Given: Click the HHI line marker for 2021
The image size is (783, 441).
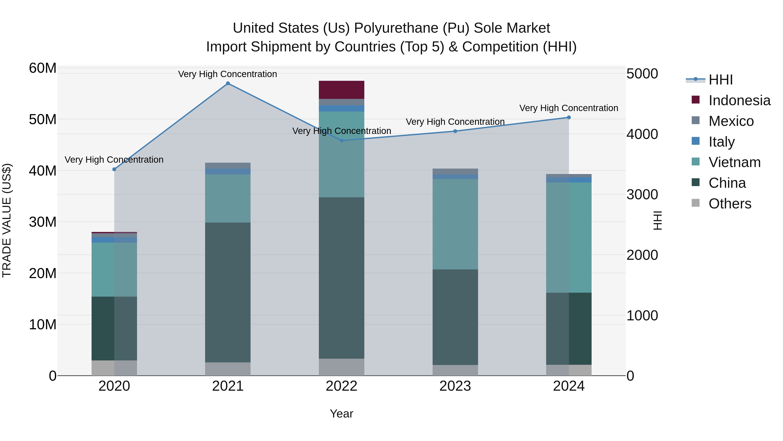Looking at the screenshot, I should click(x=228, y=83).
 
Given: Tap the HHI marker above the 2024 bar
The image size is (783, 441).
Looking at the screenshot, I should click(x=569, y=117).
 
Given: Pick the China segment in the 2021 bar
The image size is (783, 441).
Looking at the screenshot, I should click(x=228, y=292).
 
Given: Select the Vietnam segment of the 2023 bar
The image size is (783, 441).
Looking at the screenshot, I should click(x=455, y=224).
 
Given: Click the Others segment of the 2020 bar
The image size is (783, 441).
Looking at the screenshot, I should click(x=114, y=368).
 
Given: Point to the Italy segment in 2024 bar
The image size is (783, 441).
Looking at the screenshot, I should click(x=569, y=180).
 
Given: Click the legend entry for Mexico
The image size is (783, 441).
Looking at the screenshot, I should click(x=731, y=121).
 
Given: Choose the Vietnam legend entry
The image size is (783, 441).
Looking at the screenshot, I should click(x=734, y=162).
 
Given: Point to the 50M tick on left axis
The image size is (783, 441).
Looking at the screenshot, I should click(x=43, y=119).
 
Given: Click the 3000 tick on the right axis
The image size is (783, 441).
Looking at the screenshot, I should click(x=642, y=194).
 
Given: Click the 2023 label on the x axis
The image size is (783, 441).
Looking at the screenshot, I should click(x=455, y=386).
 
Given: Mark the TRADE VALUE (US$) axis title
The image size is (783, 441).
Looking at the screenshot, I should click(x=7, y=220).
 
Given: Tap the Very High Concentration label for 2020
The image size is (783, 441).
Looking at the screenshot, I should click(x=114, y=160).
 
